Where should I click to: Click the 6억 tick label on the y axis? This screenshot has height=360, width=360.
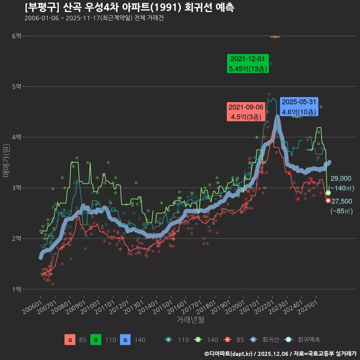[16, 36]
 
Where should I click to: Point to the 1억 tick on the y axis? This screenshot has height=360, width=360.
[16, 289]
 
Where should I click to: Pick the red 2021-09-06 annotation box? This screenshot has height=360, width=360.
[246, 112]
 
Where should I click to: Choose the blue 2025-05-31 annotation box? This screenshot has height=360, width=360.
[299, 107]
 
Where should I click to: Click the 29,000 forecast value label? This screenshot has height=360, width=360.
[341, 178]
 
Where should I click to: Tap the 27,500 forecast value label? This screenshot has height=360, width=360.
[342, 201]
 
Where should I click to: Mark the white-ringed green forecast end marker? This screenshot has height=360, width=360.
[328, 193]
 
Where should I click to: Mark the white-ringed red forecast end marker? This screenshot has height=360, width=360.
[328, 201]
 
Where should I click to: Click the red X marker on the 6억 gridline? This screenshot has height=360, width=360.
[275, 37]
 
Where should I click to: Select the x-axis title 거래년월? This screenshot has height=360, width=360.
[190, 320]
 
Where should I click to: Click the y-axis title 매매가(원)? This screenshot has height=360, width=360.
[6, 160]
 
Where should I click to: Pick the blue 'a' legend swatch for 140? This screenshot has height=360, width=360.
[125, 340]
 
